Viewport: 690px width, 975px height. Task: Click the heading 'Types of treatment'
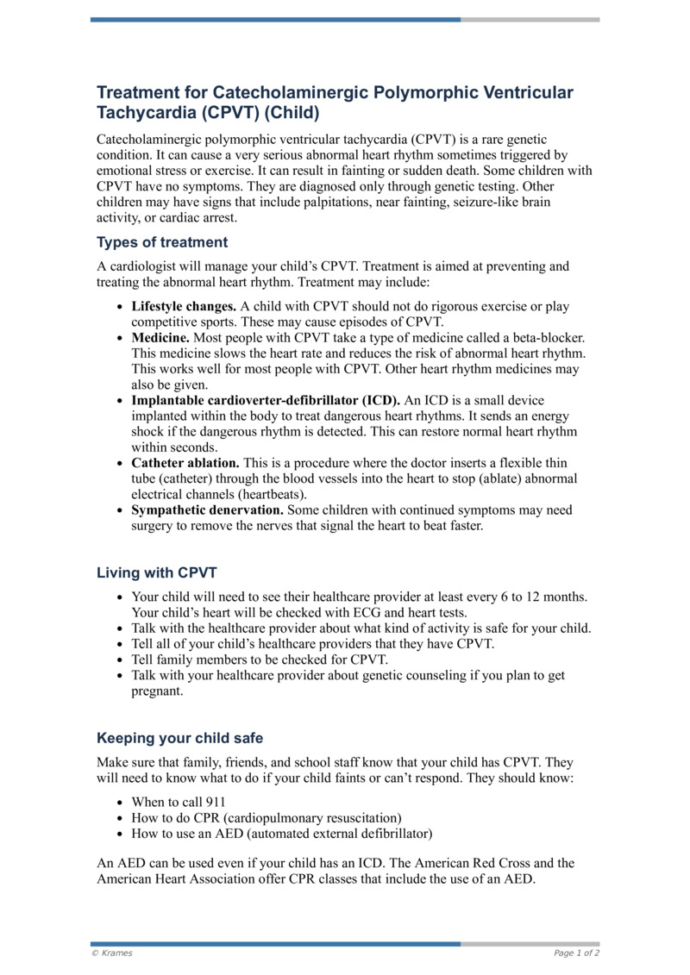(162, 242)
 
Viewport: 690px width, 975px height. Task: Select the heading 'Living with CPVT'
(157, 572)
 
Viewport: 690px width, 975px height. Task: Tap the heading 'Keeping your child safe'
(179, 738)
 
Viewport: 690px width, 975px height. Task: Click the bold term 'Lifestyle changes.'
(184, 306)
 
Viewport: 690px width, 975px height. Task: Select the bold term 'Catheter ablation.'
(185, 463)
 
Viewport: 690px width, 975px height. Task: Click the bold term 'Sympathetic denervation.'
(207, 510)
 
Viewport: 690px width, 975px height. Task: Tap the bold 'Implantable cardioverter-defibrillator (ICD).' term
(266, 401)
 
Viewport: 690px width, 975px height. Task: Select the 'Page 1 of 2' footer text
(576, 953)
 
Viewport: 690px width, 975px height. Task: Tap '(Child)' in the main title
(292, 113)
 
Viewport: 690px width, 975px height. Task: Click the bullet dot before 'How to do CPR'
(119, 818)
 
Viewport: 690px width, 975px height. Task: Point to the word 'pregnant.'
(157, 691)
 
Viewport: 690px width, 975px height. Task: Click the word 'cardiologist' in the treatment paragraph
(143, 267)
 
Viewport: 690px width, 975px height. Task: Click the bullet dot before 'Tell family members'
(119, 660)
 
